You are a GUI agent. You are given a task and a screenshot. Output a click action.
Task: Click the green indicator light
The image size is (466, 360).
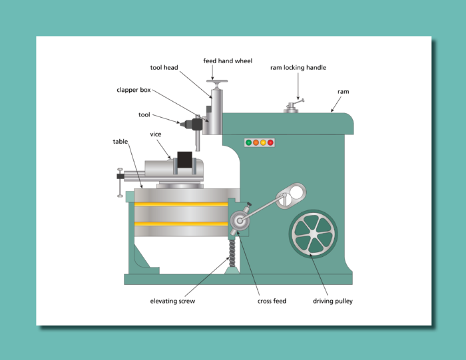(x=249, y=142)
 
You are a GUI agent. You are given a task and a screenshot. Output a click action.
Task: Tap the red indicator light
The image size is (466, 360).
(x=270, y=142)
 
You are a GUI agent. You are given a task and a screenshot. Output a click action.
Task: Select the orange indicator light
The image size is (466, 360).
(x=256, y=142)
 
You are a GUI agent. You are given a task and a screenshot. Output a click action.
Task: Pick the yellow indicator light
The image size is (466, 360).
(x=263, y=142)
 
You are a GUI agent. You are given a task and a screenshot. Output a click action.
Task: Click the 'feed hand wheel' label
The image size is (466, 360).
(x=228, y=61)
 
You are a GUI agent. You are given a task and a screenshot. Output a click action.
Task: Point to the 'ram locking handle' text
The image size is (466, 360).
(x=298, y=68)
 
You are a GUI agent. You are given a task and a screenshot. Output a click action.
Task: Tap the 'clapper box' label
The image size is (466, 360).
(x=134, y=90)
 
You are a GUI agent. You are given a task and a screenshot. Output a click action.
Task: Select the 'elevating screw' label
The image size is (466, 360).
(x=172, y=301)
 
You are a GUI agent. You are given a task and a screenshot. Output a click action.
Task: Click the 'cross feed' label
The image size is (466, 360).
(x=272, y=301)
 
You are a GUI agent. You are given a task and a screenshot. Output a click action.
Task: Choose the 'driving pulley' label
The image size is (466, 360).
(x=333, y=301)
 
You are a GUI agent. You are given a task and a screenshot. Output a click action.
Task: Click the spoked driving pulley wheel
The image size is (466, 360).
(x=313, y=233)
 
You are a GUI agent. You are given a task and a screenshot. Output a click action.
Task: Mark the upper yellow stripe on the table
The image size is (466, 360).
(x=181, y=204)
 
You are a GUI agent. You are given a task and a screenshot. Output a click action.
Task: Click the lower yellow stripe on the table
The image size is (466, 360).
(x=181, y=224)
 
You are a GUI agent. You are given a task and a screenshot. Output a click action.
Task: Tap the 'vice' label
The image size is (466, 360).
(x=156, y=134)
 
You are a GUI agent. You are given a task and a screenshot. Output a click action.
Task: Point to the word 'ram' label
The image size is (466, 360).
(x=344, y=92)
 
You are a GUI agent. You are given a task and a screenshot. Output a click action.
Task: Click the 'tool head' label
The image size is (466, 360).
(x=164, y=68)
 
